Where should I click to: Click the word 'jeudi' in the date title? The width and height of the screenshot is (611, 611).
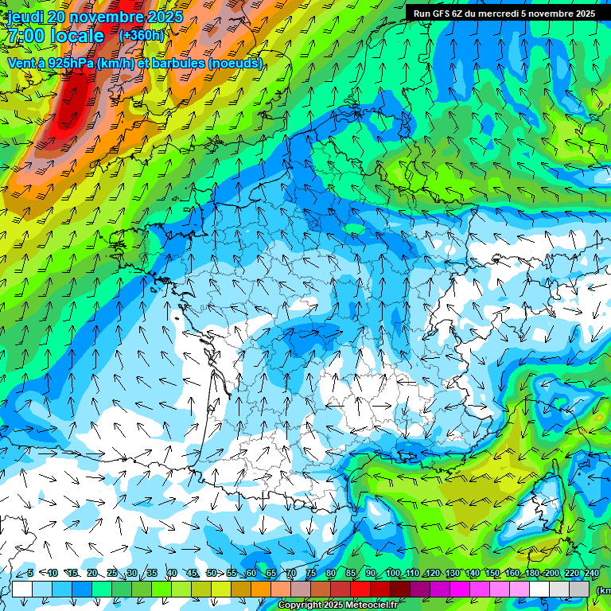(25, 17)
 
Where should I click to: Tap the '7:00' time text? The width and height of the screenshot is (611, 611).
(25, 36)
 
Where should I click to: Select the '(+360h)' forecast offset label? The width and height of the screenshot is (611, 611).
(142, 36)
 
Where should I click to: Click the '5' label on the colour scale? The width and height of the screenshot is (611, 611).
(30, 574)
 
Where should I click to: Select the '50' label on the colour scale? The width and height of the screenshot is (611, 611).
(211, 574)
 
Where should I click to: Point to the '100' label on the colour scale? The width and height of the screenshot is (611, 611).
(393, 574)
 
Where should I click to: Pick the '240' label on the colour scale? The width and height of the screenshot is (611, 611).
(592, 574)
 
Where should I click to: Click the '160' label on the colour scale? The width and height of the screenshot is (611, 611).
(512, 574)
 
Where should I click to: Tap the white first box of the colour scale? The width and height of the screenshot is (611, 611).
(22, 590)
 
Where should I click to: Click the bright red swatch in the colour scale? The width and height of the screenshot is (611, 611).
(360, 590)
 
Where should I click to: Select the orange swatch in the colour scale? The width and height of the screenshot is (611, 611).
(261, 590)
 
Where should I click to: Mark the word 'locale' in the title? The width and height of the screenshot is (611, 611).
(76, 36)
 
